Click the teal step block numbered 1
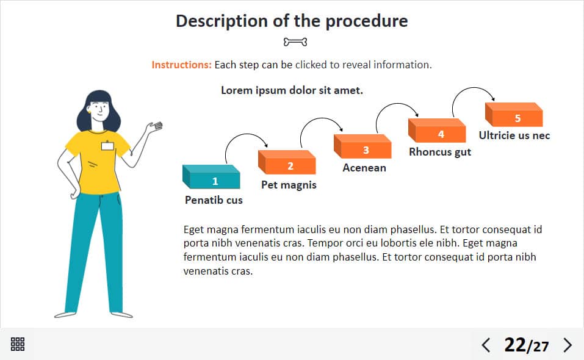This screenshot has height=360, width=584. [211, 177]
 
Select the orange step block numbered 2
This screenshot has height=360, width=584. [287, 162]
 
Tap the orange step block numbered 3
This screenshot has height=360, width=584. [362, 146]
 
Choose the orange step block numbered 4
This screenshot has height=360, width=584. [437, 131]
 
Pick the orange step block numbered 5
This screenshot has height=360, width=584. [514, 115]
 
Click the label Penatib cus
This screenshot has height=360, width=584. [214, 200]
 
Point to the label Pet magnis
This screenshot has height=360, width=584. [289, 185]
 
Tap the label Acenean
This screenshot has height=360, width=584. [364, 168]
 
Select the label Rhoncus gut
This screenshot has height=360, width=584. [440, 152]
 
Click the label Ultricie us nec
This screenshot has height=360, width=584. [514, 135]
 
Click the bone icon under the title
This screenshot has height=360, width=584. [295, 42]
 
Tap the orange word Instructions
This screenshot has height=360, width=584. [181, 65]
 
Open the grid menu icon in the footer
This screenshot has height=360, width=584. [18, 344]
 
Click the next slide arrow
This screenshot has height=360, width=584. [568, 345]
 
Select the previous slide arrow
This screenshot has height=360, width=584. [486, 345]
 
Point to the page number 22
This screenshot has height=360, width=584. [514, 345]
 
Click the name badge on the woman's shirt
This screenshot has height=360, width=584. [107, 146]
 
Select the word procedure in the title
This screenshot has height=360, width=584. [367, 21]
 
